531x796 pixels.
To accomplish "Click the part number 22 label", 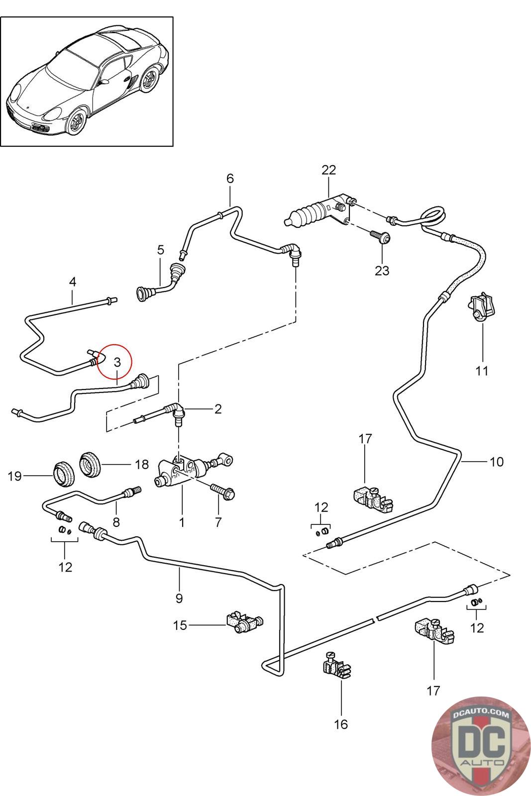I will click(x=328, y=170).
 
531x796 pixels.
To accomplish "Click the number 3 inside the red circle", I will click(x=117, y=363).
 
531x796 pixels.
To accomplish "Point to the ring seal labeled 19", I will click(x=63, y=475).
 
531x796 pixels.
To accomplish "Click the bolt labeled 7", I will click(x=223, y=492).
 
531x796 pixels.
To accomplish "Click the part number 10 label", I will click(x=496, y=462).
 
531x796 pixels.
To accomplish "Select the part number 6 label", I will click(x=230, y=178).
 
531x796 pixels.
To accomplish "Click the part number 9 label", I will click(x=179, y=598).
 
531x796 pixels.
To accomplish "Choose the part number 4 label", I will click(x=73, y=282).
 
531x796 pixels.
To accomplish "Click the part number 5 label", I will click(x=160, y=250).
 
